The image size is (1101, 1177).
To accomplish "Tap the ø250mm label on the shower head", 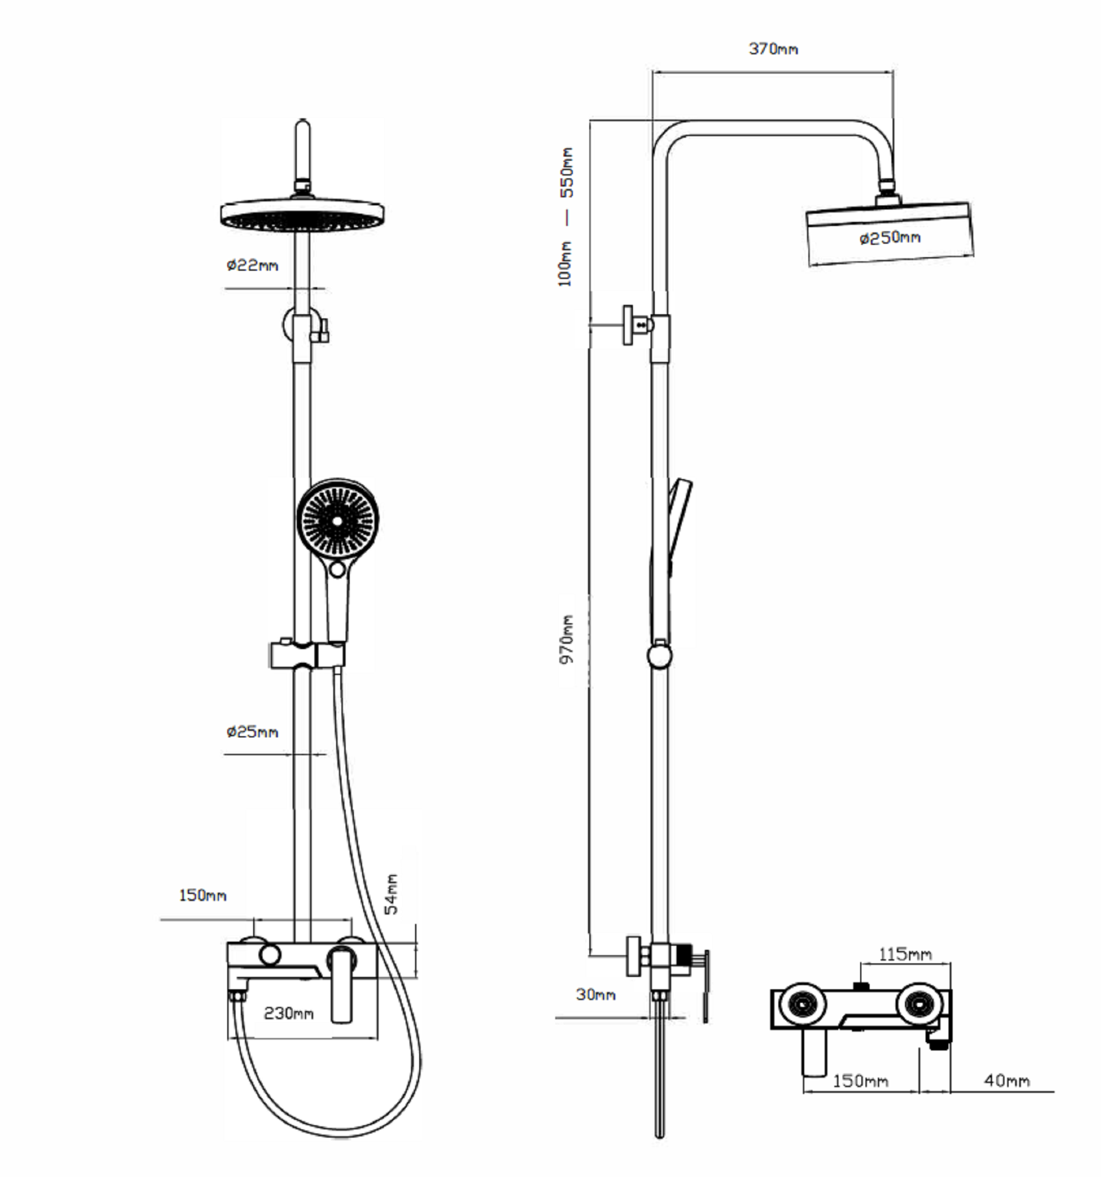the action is coord(890,237).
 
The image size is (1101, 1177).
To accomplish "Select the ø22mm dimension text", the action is coord(253,265).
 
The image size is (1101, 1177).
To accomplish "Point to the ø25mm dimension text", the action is coord(253,732).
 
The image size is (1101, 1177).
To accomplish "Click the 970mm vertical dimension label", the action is coord(567,640).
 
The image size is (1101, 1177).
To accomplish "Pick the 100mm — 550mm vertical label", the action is coord(566,217).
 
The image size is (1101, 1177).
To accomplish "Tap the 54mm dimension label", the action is coord(391,894).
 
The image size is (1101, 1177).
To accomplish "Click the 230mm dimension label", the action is coord(288,1013).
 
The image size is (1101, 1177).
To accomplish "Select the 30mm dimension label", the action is coord(596,995).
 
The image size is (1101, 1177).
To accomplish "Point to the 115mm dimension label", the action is coord(905,955).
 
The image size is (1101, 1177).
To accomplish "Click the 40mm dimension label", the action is coord(1007,1081).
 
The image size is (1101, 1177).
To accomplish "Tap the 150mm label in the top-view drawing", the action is coord(861,1081).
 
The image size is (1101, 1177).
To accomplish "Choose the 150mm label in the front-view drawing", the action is coord(203,895).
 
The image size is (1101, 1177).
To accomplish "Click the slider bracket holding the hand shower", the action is coord(307,654).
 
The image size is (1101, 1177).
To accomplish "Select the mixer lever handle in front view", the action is coord(342,985).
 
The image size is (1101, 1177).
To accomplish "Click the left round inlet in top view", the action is coord(801,1005).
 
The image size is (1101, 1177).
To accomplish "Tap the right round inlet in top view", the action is coord(918,1005).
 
